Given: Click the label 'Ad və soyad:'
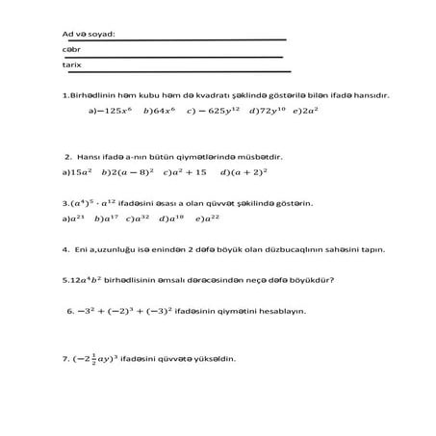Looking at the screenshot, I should coord(88,34).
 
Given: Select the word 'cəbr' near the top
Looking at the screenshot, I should coord(69,49).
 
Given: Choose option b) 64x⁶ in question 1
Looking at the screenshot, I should coord(158,111).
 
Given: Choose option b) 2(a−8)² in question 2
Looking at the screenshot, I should coord(129,173).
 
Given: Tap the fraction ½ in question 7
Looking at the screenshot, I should coord(93,357).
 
